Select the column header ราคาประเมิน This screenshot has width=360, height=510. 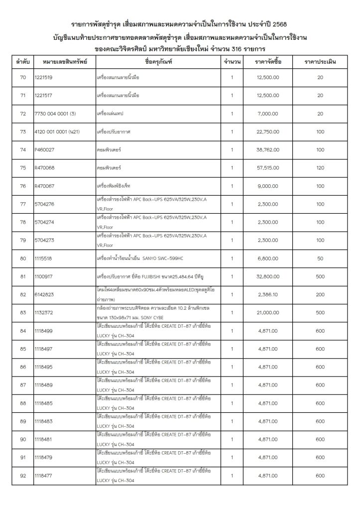click(x=320, y=62)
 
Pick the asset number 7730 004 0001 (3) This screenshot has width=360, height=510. click(x=55, y=114)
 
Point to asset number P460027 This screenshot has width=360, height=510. click(x=44, y=150)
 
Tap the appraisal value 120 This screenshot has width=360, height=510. click(x=320, y=168)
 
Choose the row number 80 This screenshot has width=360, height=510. click(x=23, y=258)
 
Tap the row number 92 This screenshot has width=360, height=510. click(x=23, y=476)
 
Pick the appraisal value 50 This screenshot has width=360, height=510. click(x=320, y=258)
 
